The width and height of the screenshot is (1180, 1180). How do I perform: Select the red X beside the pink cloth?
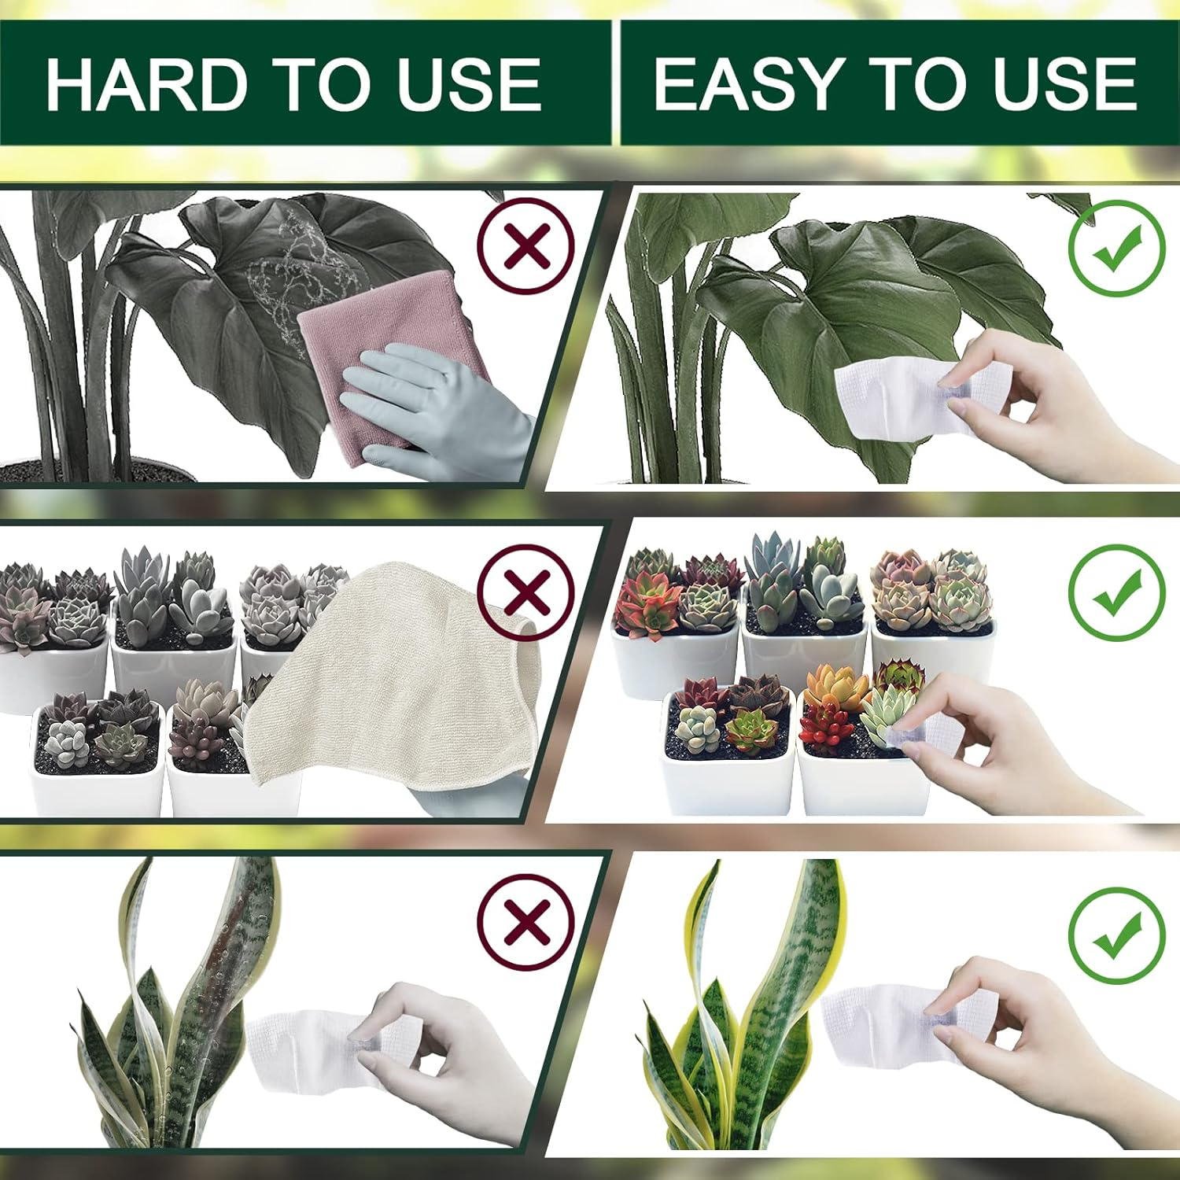pos(526,246)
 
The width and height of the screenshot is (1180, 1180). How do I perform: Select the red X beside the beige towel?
pos(526,592)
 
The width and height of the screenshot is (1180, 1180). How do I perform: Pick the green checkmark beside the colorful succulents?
pos(1116,592)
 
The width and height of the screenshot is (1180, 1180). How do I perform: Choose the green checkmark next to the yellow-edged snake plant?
pos(1116,935)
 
